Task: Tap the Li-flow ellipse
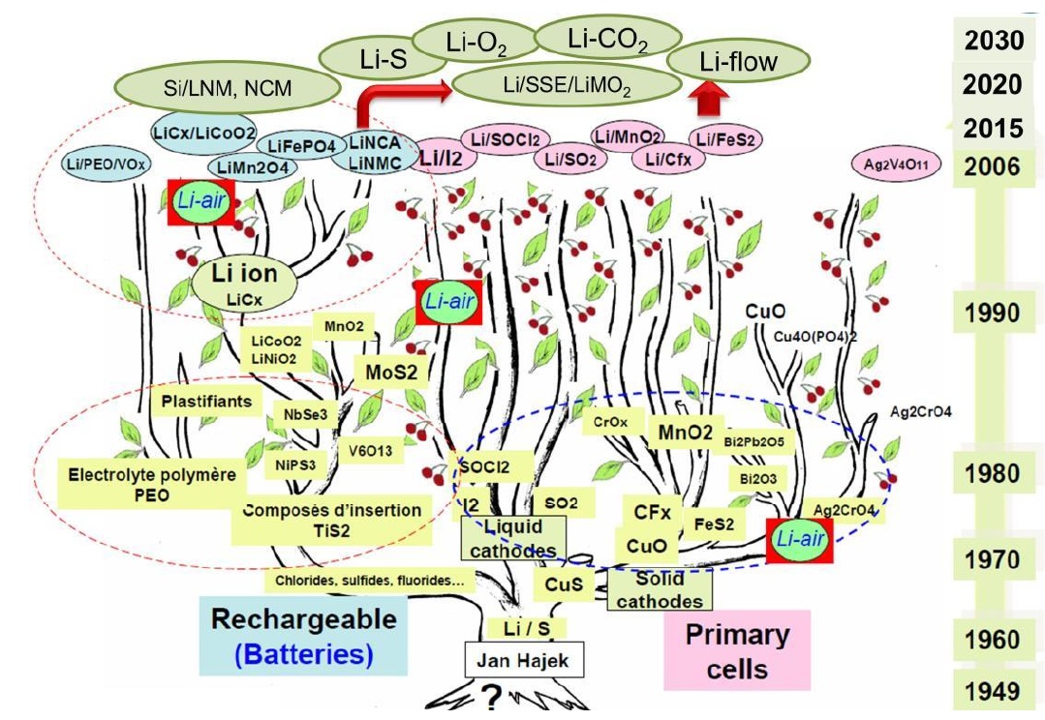point(739,62)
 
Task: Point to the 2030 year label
point(993,40)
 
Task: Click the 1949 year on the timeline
point(993,691)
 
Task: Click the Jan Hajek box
point(524,661)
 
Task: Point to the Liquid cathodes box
point(513,538)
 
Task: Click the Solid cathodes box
point(660,589)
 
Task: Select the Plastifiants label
point(206,401)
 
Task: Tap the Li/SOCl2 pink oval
point(504,138)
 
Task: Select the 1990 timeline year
point(993,313)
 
